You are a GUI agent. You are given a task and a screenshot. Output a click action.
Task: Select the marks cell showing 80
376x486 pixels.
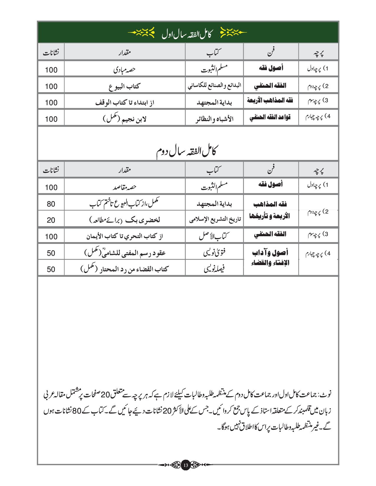[51, 204]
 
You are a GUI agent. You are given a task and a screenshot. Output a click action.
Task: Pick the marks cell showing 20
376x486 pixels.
[51, 220]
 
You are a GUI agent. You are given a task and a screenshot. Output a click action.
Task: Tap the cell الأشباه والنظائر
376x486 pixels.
[214, 119]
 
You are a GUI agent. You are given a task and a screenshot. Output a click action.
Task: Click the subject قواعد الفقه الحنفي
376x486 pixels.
[270, 117]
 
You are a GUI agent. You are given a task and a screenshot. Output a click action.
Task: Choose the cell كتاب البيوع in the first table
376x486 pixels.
[124, 86]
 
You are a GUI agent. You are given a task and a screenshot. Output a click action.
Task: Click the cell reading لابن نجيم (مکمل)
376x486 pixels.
[124, 119]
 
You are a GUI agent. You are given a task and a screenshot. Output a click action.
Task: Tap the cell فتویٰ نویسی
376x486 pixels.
[214, 252]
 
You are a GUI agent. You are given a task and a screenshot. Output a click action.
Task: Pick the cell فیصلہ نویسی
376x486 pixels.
[214, 269]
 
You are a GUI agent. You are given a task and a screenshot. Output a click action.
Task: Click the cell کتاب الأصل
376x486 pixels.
[214, 236]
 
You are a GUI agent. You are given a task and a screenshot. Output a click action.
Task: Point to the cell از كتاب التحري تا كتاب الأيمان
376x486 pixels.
[124, 236]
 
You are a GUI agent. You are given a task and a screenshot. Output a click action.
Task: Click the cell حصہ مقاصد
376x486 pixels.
[124, 187]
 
